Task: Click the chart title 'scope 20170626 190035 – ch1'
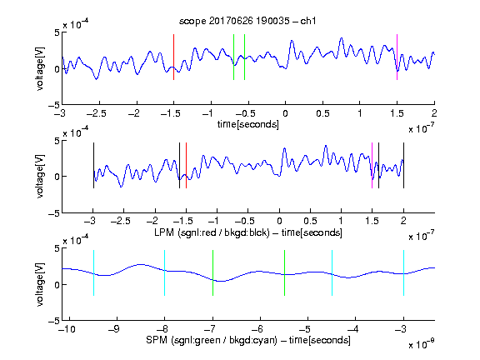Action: [x=247, y=21]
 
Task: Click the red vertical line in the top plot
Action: [x=173, y=57]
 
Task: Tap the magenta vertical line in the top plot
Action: [x=397, y=57]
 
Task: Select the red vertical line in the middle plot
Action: [x=186, y=165]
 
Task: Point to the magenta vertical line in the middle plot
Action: [x=372, y=165]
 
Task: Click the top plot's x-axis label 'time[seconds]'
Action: [x=248, y=124]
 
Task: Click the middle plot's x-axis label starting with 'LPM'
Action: [x=248, y=232]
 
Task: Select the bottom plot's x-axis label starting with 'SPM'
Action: [x=248, y=340]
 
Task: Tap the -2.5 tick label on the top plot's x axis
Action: [x=97, y=113]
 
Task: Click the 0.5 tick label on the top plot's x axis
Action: [x=322, y=113]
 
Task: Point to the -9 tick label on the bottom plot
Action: [x=114, y=329]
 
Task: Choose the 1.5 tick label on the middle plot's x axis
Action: [x=372, y=221]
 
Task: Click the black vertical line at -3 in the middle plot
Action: [x=93, y=165]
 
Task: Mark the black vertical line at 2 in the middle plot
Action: [x=403, y=165]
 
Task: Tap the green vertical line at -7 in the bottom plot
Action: [x=212, y=273]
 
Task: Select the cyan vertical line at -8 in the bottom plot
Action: [x=165, y=273]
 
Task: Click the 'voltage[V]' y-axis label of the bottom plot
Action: [x=40, y=284]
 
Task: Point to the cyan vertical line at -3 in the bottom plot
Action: [x=403, y=273]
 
